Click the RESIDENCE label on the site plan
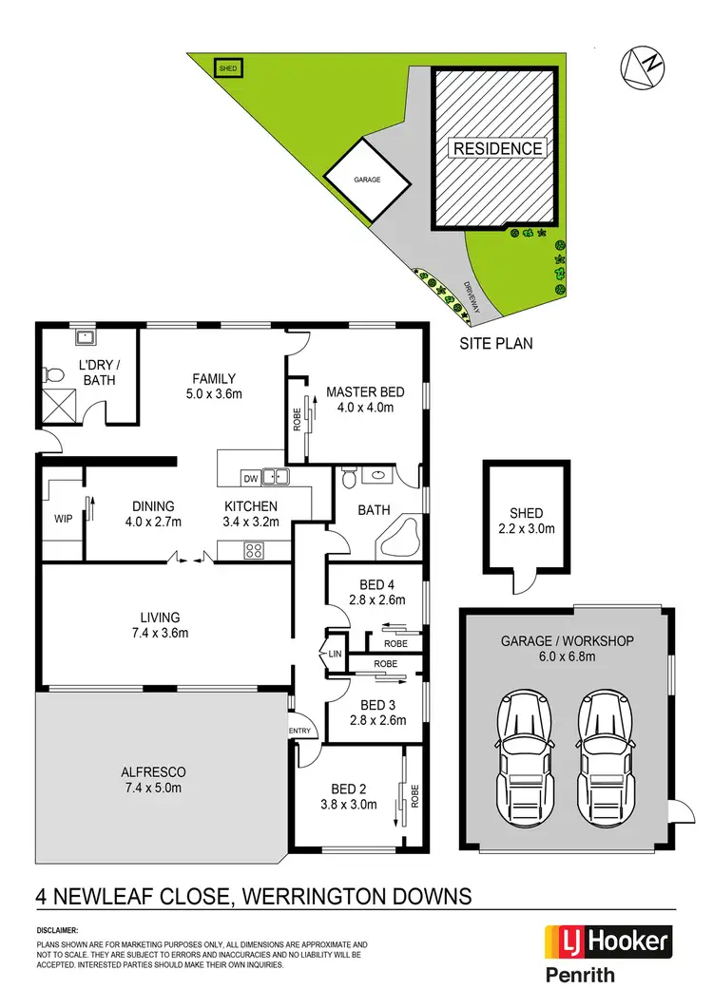click(497, 148)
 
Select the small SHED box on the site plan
click(228, 68)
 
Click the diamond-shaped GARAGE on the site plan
click(368, 178)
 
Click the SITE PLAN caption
click(496, 343)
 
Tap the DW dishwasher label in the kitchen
click(251, 478)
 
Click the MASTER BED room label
click(365, 392)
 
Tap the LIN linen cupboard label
click(335, 655)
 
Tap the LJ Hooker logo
click(607, 942)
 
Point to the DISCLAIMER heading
click(58, 931)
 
